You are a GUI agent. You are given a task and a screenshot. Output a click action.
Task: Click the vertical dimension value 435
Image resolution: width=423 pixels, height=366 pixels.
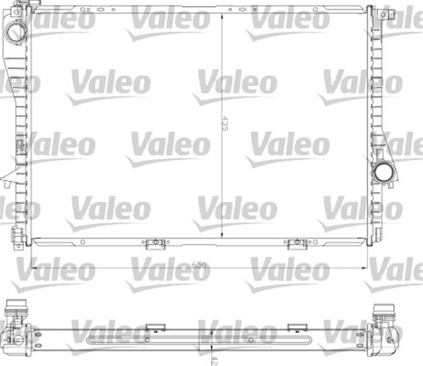[x=224, y=124]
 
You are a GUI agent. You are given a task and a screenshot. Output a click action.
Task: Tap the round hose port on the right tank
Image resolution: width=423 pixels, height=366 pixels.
[x=383, y=174]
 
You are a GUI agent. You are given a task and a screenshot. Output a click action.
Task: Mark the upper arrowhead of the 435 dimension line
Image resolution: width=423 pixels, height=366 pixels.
[x=221, y=15]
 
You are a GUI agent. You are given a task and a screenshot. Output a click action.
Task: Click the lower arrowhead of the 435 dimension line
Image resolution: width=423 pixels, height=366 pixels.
[x=221, y=238]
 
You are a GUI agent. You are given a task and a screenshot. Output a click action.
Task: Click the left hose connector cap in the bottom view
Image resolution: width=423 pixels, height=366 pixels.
[x=16, y=310]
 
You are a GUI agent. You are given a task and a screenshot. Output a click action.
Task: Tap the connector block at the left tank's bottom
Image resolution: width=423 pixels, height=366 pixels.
[x=16, y=235]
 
